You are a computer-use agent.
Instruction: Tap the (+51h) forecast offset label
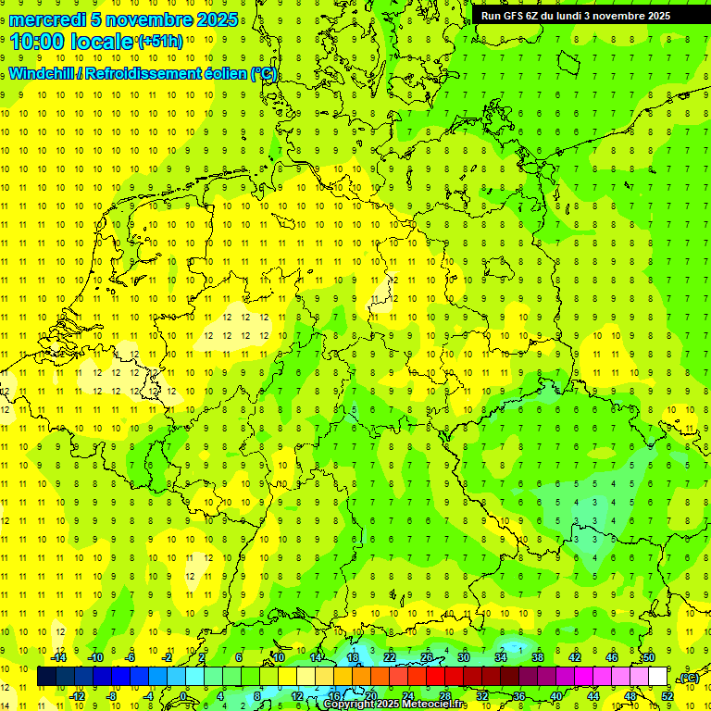tap(161, 42)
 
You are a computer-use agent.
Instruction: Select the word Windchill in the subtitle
tap(43, 74)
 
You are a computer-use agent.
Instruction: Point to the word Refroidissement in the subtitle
tap(147, 74)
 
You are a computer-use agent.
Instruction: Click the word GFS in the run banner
tap(515, 16)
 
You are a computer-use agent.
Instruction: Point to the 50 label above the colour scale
tap(649, 657)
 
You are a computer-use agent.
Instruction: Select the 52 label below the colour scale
tap(667, 696)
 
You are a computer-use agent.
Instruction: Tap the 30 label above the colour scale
tap(464, 657)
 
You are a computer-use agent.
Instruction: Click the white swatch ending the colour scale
tap(658, 677)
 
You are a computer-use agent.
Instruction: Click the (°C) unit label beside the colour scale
tap(689, 678)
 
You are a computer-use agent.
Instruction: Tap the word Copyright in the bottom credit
tap(351, 705)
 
